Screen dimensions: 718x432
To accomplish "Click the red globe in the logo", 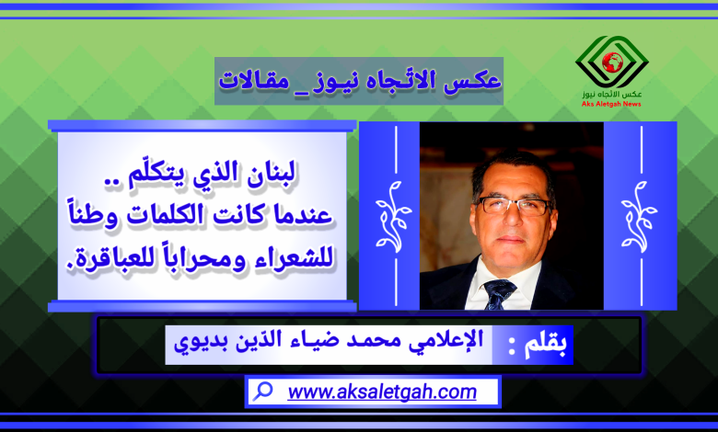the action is [x=612, y=63].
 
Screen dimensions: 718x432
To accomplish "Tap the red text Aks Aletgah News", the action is [x=611, y=104].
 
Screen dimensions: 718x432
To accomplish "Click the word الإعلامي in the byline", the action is [x=445, y=341].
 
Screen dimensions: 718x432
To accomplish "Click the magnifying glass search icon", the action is [x=263, y=392].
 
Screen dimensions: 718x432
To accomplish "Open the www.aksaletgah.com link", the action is [x=382, y=392].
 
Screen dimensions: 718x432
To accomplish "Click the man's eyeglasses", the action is [x=513, y=206].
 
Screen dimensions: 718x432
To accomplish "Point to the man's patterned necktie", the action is [x=499, y=293].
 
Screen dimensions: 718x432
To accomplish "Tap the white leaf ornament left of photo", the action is [x=393, y=216].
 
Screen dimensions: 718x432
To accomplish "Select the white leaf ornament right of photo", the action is [x=639, y=216].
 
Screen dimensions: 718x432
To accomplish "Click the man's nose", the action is [x=514, y=221].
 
